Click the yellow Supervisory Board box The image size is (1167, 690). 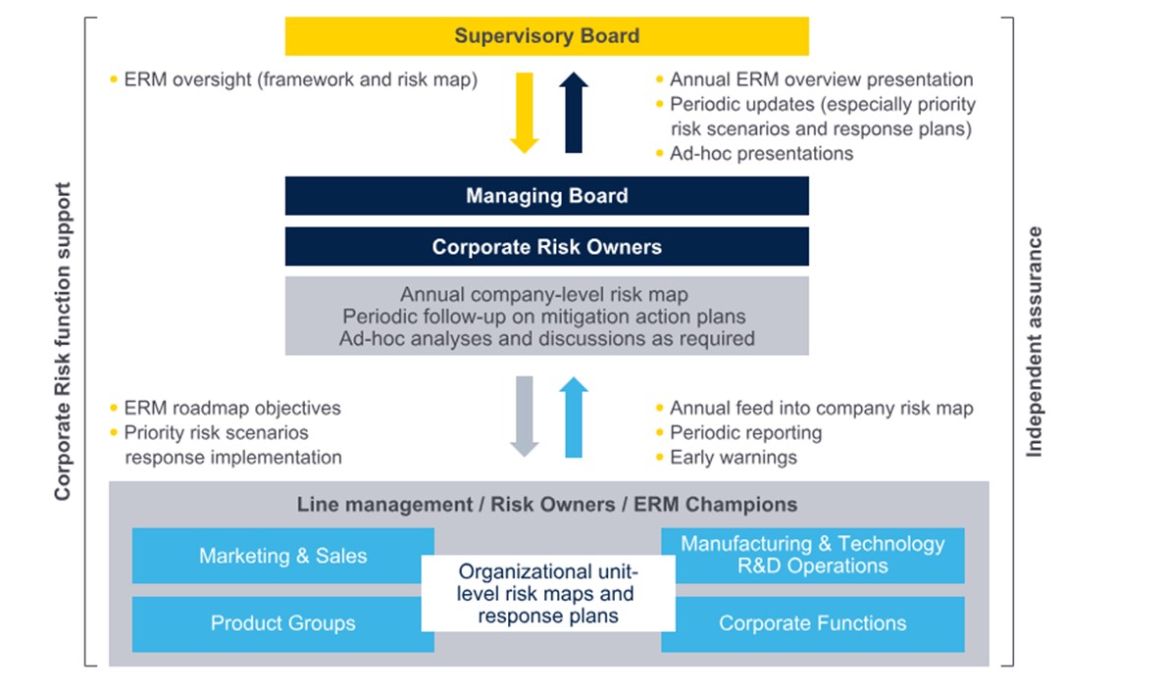(546, 36)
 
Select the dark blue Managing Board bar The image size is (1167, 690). (546, 196)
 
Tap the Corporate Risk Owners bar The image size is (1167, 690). (546, 247)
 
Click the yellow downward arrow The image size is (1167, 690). (525, 113)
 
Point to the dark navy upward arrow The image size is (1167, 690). (574, 112)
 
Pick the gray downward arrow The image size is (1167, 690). (525, 416)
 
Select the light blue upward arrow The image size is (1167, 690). (574, 417)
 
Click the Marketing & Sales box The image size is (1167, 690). (282, 556)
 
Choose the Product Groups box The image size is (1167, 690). (282, 623)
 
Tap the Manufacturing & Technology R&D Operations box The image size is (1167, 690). (812, 555)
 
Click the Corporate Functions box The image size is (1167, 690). (812, 623)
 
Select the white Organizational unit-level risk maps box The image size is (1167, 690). (547, 593)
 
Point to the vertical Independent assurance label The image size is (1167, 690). (1034, 342)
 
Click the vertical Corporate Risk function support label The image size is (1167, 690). (63, 342)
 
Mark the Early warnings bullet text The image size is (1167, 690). (733, 458)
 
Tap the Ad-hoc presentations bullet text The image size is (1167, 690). (761, 153)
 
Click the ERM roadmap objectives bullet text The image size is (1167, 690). (232, 409)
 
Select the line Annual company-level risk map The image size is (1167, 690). (546, 294)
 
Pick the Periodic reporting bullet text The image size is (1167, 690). (745, 433)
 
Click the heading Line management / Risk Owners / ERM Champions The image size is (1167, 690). (546, 505)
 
